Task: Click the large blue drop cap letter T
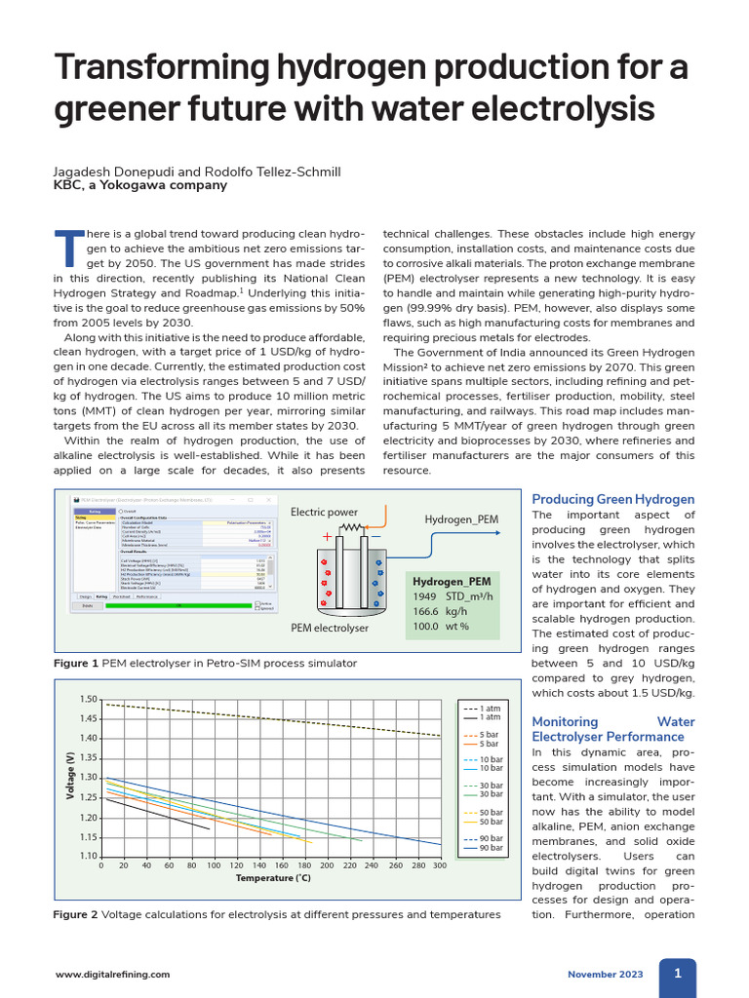(x=66, y=249)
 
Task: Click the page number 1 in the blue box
(x=677, y=972)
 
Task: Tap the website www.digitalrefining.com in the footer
(x=112, y=974)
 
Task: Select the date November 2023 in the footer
(x=606, y=974)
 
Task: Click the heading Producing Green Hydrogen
(x=612, y=499)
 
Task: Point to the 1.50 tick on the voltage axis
(x=89, y=700)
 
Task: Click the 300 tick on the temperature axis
(x=439, y=864)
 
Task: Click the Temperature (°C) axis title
(x=273, y=878)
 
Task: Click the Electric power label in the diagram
(x=324, y=512)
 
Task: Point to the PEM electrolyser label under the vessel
(x=330, y=628)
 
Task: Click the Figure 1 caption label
(x=76, y=663)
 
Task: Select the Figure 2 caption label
(x=76, y=914)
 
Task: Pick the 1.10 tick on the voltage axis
(x=89, y=857)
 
